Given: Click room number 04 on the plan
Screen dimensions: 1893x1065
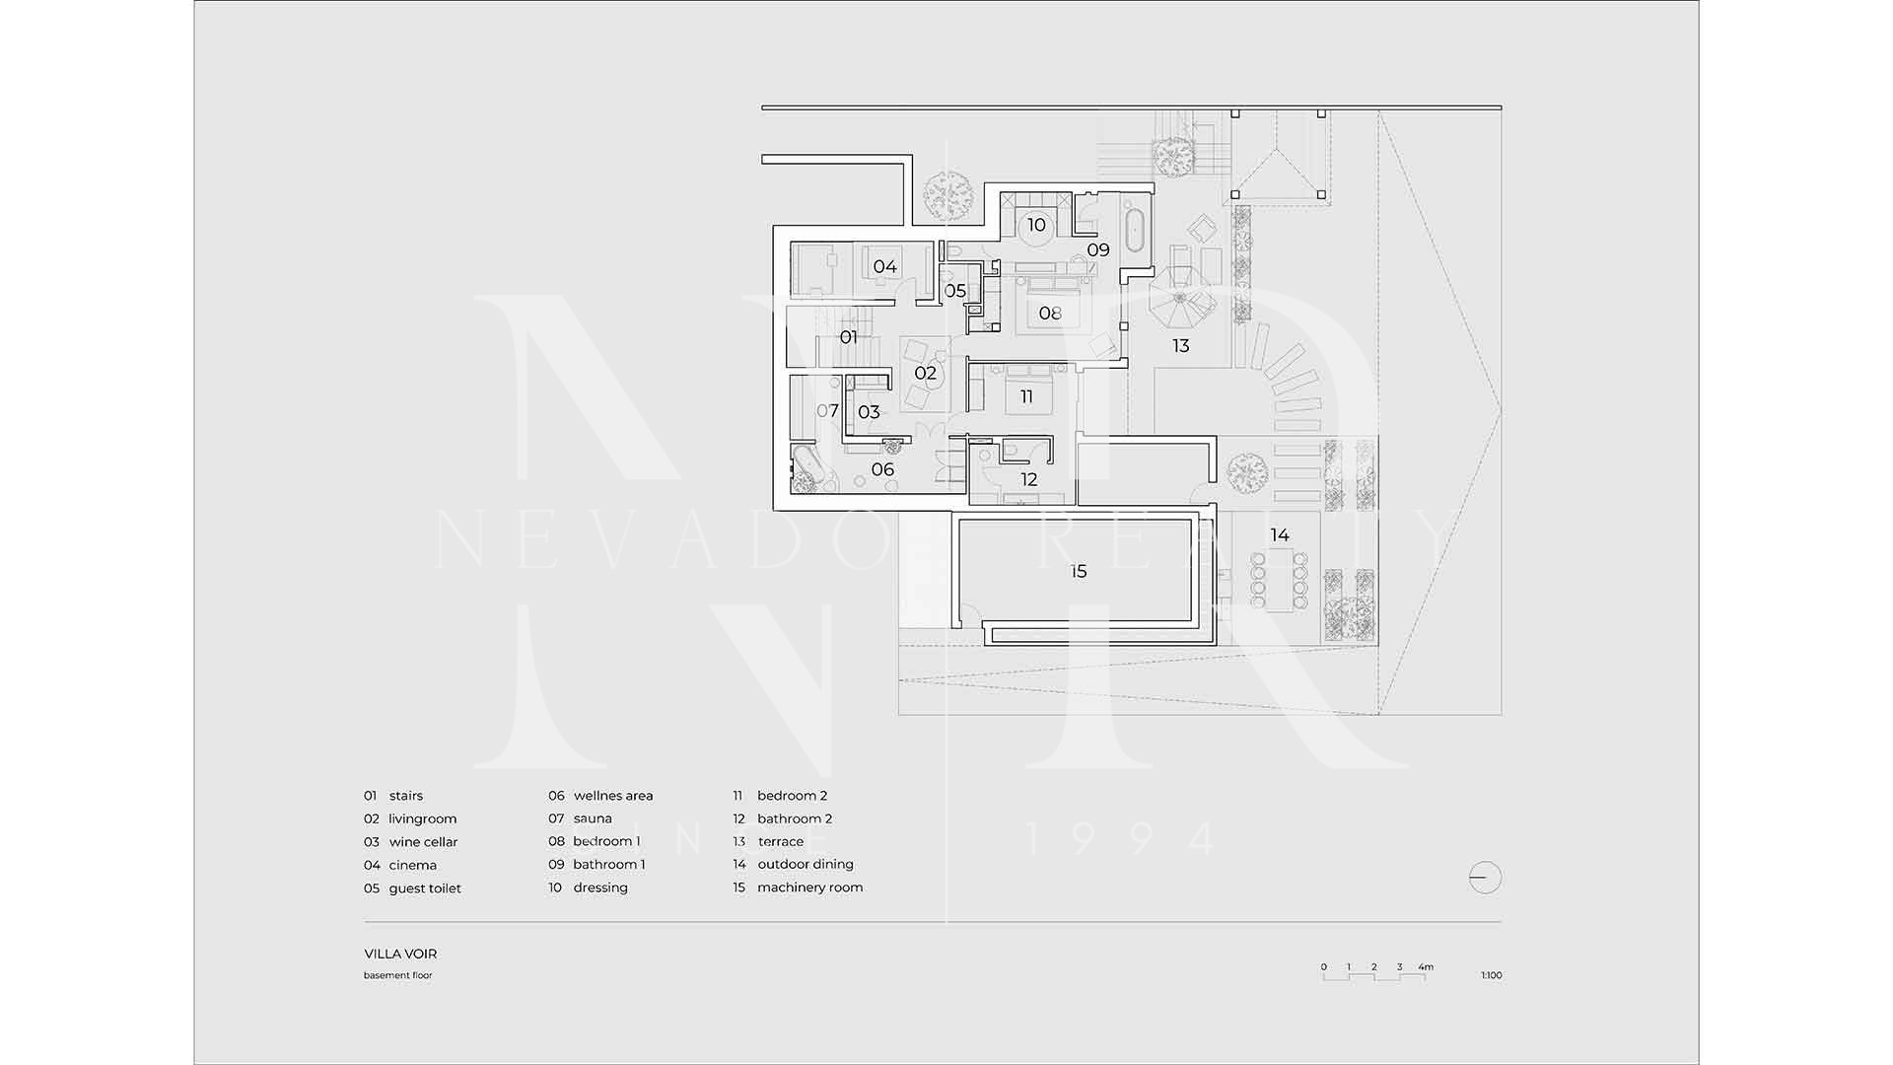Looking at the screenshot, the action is pyautogui.click(x=884, y=266).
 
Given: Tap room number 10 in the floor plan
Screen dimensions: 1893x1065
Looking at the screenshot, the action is pyautogui.click(x=1036, y=225).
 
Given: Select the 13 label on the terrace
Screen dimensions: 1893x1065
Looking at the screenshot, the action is pyautogui.click(x=1180, y=346).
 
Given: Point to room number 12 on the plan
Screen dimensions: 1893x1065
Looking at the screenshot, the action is pyautogui.click(x=1029, y=480).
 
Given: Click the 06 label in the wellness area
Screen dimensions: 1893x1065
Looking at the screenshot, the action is pyautogui.click(x=882, y=469).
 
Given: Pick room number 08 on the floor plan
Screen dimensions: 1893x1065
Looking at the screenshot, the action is pyautogui.click(x=1050, y=314).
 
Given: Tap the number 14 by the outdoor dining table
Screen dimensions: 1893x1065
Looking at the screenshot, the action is pyautogui.click(x=1280, y=535).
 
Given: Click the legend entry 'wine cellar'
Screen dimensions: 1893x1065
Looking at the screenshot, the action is pyautogui.click(x=424, y=842).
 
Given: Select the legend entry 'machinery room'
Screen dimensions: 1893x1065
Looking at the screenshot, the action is pyautogui.click(x=810, y=887).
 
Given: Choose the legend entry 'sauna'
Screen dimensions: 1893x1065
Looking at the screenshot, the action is pyautogui.click(x=593, y=818).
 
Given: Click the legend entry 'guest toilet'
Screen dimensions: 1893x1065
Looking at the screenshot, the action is pyautogui.click(x=425, y=888).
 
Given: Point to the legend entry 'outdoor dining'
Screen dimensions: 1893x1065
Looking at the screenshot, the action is pyautogui.click(x=806, y=865).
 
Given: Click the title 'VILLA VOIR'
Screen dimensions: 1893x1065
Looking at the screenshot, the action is pyautogui.click(x=400, y=954).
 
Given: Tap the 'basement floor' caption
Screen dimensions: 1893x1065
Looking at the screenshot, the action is pyautogui.click(x=398, y=975).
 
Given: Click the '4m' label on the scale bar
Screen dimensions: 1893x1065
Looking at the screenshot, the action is pyautogui.click(x=1426, y=967).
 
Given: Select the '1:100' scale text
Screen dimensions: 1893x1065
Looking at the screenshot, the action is pyautogui.click(x=1491, y=975).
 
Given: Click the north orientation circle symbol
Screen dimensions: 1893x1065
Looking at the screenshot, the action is pyautogui.click(x=1485, y=877).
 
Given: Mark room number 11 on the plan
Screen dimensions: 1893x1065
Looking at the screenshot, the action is pyautogui.click(x=1026, y=396).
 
